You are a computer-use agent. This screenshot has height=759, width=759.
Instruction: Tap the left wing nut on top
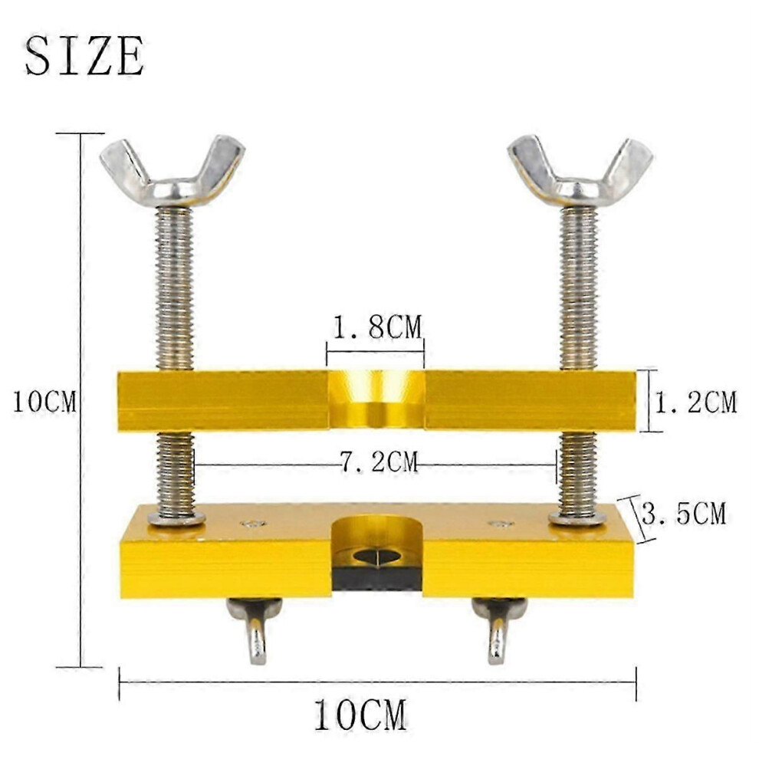tap(172, 174)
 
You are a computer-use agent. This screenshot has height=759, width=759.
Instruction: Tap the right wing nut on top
tap(580, 173)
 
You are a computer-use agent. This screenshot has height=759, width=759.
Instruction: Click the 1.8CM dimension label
tap(377, 327)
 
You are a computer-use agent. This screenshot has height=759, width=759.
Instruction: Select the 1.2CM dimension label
tap(695, 402)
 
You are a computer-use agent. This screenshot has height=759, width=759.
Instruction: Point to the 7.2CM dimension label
tap(379, 462)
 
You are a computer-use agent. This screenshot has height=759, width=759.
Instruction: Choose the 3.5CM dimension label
tap(684, 514)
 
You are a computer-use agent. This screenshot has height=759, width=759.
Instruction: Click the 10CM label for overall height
tap(44, 402)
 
